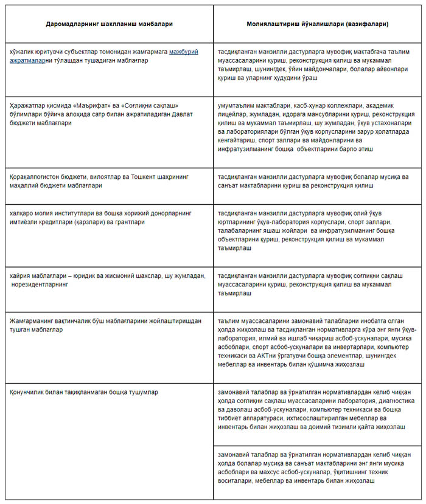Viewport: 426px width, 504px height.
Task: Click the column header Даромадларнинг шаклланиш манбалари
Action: [x=109, y=24]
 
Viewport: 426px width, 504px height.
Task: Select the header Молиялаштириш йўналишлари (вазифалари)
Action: [x=319, y=24]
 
